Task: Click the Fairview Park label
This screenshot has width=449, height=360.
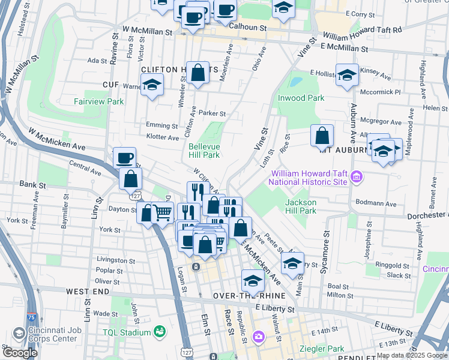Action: (98, 101)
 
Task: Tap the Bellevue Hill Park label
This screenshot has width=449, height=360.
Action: (203, 150)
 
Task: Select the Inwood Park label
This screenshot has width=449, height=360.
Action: (300, 98)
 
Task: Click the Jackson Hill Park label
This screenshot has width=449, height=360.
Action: (300, 206)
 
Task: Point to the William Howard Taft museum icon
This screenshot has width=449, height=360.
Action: (357, 176)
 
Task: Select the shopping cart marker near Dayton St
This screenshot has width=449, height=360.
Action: (163, 212)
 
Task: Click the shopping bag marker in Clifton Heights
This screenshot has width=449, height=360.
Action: (197, 73)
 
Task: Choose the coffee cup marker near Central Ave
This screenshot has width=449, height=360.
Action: (124, 158)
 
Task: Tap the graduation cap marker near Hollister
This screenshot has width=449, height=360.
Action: (347, 75)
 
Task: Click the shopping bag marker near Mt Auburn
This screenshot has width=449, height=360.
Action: (322, 136)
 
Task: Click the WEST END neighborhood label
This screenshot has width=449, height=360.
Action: (88, 291)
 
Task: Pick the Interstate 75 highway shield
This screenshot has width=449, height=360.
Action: (31, 316)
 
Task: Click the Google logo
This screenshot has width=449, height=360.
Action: (20, 353)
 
